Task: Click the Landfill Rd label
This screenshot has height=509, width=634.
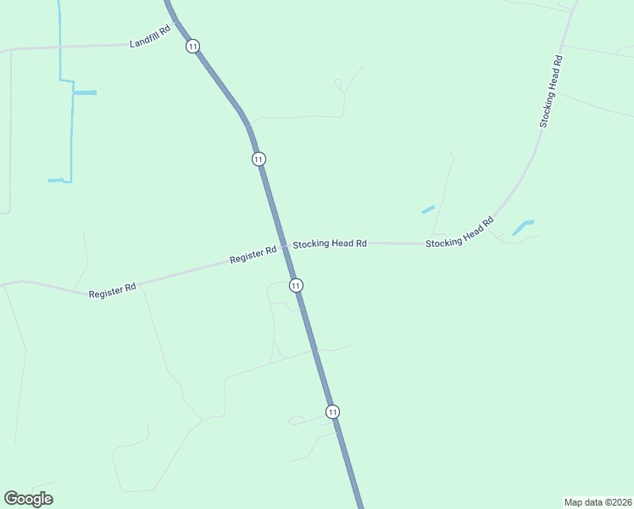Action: pyautogui.click(x=151, y=36)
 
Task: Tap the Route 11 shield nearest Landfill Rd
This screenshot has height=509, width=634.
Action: pyautogui.click(x=193, y=47)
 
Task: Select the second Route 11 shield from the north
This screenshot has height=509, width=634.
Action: pyautogui.click(x=259, y=159)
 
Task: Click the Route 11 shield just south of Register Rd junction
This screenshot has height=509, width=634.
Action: pyautogui.click(x=295, y=285)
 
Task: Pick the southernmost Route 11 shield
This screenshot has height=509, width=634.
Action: pyautogui.click(x=332, y=411)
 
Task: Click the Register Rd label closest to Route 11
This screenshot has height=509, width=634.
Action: pyautogui.click(x=253, y=255)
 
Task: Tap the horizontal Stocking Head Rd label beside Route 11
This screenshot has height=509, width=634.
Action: pyautogui.click(x=330, y=243)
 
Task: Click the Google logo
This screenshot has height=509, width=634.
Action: pyautogui.click(x=28, y=499)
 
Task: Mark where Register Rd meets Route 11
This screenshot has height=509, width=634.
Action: pyautogui.click(x=284, y=247)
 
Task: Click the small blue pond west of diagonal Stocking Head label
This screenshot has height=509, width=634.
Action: pyautogui.click(x=428, y=209)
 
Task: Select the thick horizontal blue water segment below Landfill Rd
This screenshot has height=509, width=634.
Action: pyautogui.click(x=84, y=92)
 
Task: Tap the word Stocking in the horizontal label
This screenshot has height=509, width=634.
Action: pyautogui.click(x=311, y=243)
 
